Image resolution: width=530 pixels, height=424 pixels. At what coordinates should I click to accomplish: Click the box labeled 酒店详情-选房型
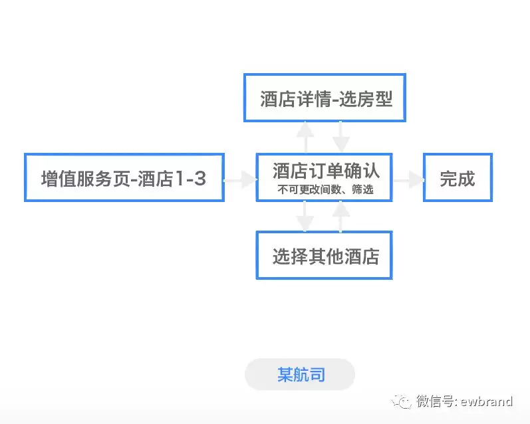[x=325, y=98]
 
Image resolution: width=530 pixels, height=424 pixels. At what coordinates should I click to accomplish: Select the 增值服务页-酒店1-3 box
[x=124, y=177]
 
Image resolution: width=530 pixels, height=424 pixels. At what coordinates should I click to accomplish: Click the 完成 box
[x=458, y=177]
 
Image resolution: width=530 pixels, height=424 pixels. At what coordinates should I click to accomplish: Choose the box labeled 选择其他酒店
[x=325, y=255]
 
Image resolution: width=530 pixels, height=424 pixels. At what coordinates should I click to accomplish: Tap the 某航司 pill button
[x=300, y=375]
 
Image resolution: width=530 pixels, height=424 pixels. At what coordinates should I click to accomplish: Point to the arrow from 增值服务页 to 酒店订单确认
[x=240, y=179]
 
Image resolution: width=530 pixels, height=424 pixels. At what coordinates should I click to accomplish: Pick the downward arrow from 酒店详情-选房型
[x=341, y=137]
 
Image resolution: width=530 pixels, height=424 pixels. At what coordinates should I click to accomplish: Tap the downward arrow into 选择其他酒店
[x=305, y=216]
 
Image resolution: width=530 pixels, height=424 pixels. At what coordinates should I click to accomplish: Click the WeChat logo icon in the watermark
[x=402, y=401]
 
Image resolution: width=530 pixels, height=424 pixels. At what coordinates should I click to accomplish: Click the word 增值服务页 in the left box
[x=85, y=178]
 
